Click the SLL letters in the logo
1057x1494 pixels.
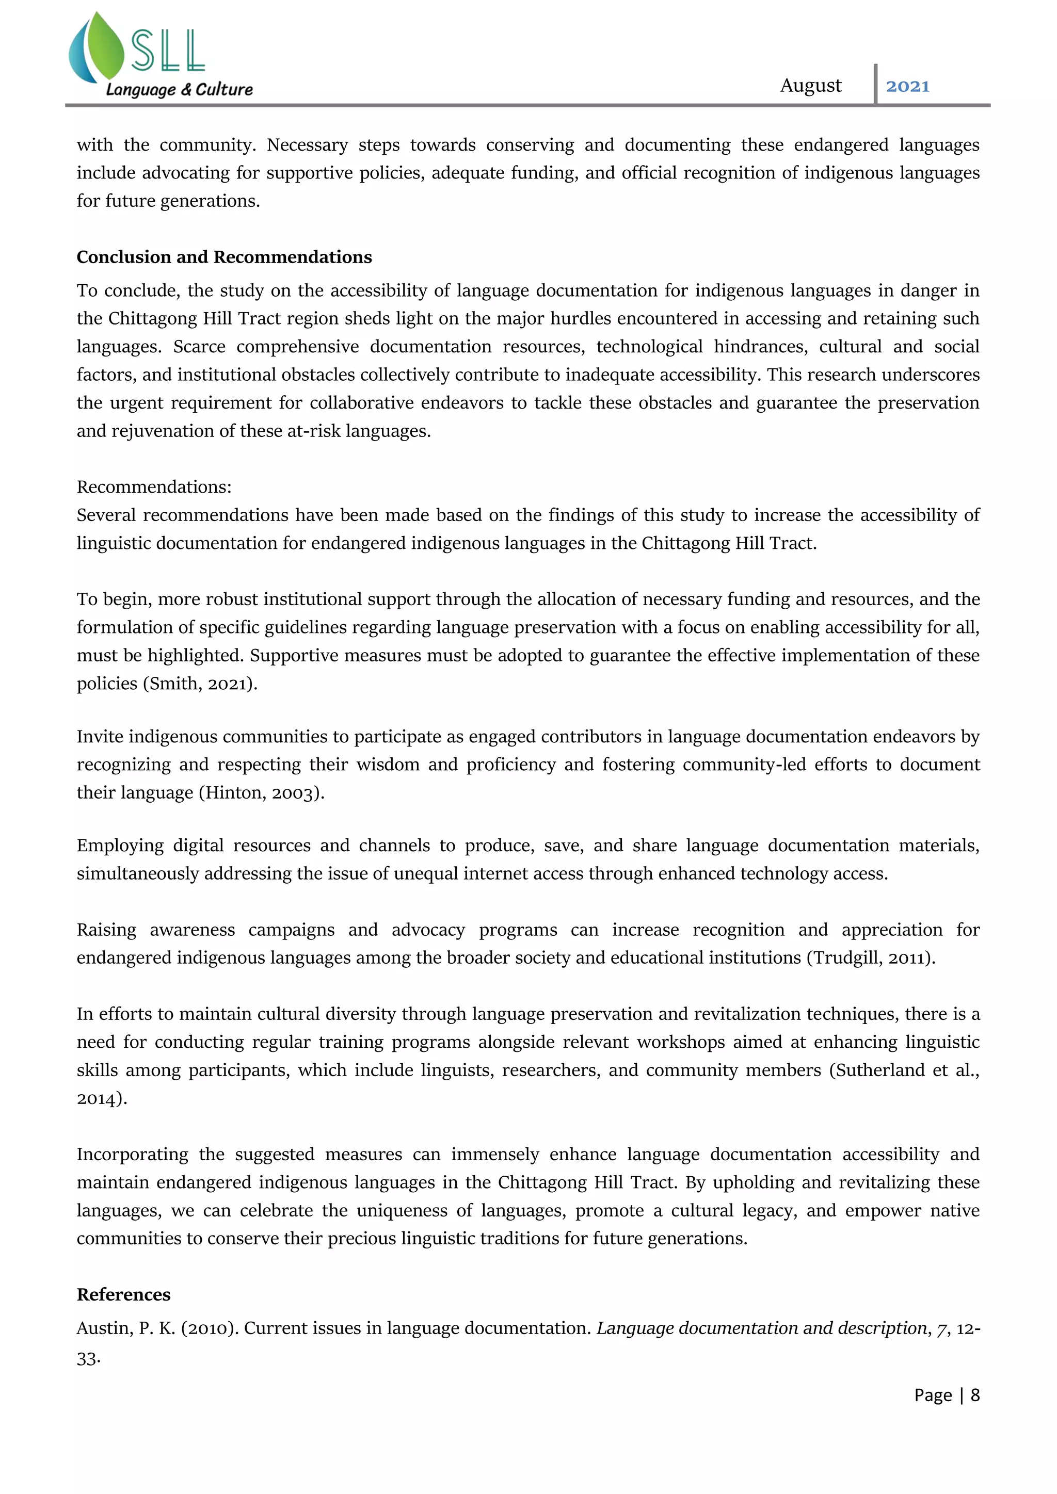click(x=168, y=52)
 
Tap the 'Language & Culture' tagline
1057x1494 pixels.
click(x=179, y=90)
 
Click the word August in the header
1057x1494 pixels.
click(x=810, y=86)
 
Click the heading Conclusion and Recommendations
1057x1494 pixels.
click(x=224, y=257)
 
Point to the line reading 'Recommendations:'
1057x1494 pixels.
click(x=154, y=486)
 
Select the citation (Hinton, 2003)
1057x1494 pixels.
click(x=261, y=792)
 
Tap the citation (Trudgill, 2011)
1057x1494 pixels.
click(x=871, y=958)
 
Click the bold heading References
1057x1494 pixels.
click(x=124, y=1294)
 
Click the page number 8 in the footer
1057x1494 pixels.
click(x=975, y=1395)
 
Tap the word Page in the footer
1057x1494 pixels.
click(x=933, y=1395)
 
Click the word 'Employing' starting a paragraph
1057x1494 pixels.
click(x=120, y=845)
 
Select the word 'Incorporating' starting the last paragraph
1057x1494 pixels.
click(x=132, y=1155)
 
